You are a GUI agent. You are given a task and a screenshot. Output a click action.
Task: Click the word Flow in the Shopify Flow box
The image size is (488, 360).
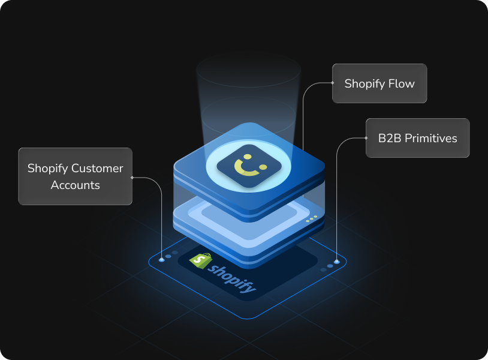(x=401, y=83)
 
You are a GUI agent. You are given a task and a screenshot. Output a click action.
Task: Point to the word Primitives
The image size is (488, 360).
(x=431, y=138)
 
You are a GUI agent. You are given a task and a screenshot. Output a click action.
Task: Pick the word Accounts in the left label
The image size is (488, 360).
(x=76, y=185)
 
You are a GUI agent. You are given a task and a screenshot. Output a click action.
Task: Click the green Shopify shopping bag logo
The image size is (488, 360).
(x=200, y=260)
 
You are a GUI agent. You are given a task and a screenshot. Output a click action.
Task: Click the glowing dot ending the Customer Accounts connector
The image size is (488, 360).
(x=161, y=260)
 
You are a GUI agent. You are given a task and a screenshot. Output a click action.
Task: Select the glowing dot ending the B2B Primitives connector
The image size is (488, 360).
(x=337, y=262)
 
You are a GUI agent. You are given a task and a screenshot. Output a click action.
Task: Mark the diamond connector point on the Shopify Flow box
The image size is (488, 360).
(x=333, y=83)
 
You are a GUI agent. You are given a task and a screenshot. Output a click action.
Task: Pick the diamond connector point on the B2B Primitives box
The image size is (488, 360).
(x=366, y=138)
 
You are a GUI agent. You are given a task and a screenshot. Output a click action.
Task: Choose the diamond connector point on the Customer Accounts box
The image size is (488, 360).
(x=132, y=177)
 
